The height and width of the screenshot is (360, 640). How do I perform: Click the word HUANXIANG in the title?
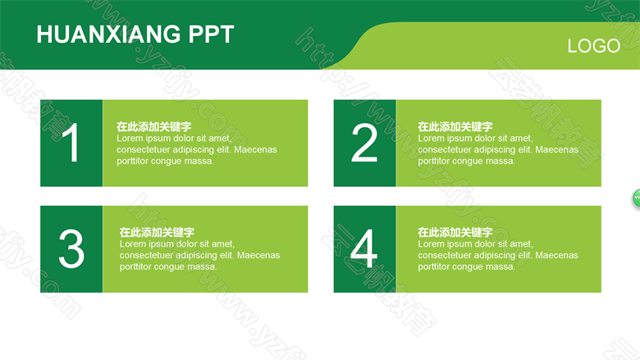click(x=108, y=34)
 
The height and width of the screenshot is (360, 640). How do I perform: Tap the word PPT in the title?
click(x=211, y=34)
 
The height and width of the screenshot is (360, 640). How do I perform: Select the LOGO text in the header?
click(x=594, y=46)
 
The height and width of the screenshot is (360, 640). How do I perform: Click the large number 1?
click(x=71, y=143)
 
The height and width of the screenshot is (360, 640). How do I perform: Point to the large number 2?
click(x=364, y=143)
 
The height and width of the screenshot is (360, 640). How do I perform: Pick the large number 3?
click(x=71, y=248)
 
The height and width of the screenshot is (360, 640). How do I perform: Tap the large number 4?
click(x=363, y=248)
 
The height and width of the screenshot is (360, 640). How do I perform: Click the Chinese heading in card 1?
click(x=154, y=126)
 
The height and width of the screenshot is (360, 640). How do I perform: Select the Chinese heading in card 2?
click(x=455, y=126)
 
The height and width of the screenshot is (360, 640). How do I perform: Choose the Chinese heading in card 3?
click(x=157, y=232)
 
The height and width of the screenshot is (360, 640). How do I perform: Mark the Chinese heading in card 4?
click(x=455, y=232)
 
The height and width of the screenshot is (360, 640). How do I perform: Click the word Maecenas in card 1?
click(x=255, y=149)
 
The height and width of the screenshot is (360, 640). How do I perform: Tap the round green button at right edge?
click(x=637, y=198)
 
